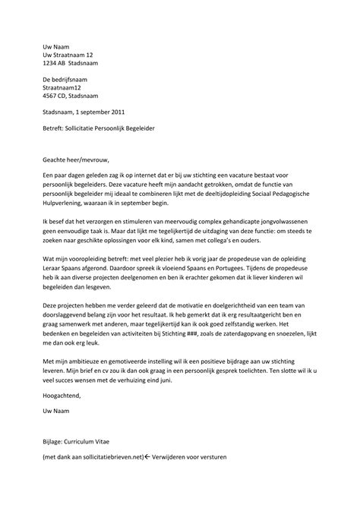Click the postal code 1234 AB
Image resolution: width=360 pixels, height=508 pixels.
[x=55, y=63]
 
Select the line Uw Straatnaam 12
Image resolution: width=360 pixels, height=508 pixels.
[x=68, y=55]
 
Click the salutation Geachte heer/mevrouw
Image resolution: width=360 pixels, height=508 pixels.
[x=77, y=160]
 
